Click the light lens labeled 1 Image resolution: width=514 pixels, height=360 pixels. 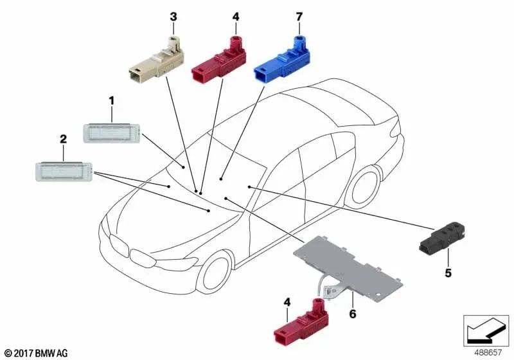(112, 133)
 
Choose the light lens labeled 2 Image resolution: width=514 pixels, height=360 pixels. (64, 171)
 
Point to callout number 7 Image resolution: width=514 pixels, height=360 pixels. (299, 17)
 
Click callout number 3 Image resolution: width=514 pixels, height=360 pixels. (173, 17)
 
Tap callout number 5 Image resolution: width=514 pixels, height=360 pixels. (448, 273)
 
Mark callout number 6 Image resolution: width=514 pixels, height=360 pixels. (353, 314)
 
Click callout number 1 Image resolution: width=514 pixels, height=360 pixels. (112, 101)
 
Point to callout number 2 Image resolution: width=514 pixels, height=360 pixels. (63, 139)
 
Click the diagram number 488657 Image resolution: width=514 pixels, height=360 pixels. (488, 352)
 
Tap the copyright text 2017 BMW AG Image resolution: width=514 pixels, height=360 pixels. (37, 353)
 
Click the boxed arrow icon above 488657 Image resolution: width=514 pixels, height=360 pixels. (486, 330)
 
